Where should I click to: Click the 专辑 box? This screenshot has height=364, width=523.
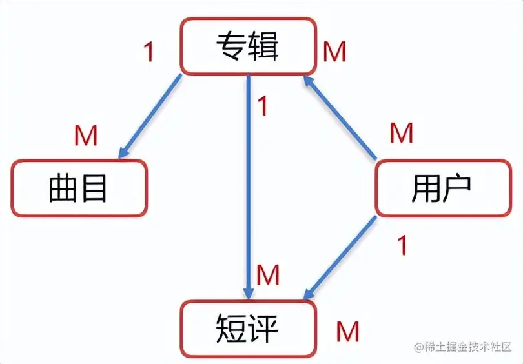pos(247,47)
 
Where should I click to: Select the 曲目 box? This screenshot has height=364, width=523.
pos(79,188)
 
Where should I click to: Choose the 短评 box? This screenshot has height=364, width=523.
pos(247,328)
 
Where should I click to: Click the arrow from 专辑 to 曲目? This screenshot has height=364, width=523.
pos(150,116)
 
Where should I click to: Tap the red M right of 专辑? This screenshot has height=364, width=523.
pos(334,52)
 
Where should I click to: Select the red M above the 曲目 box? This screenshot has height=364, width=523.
pos(86,136)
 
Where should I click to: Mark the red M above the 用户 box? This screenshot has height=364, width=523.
pos(401,133)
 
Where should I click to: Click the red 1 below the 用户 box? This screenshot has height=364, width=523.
pos(402,245)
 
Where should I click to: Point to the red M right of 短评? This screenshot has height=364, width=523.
pos(347,332)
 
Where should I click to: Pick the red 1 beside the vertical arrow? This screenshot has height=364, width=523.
pos(262,106)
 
